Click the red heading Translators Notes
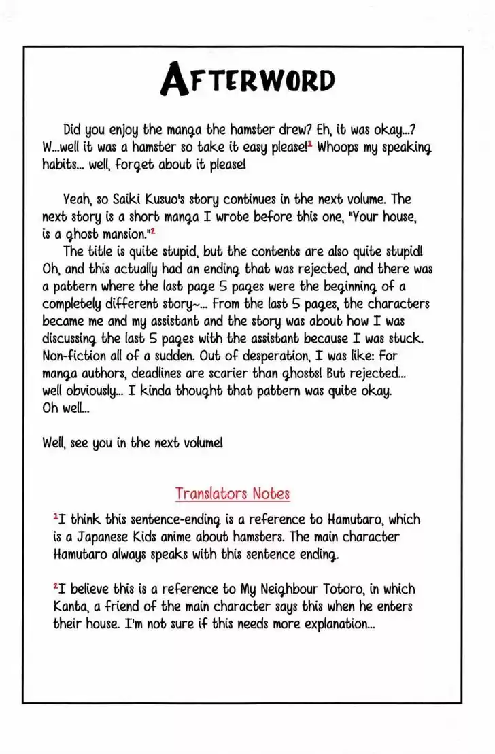pyautogui.click(x=232, y=493)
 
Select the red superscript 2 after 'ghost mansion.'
pyautogui.click(x=153, y=231)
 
